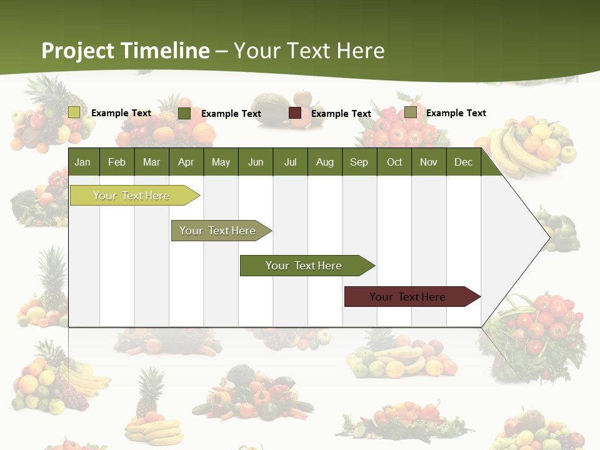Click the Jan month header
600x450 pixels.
click(82, 162)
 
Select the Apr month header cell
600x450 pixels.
click(186, 162)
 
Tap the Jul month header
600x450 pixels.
click(290, 162)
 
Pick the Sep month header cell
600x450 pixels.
click(359, 162)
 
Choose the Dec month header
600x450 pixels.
click(463, 162)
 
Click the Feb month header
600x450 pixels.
click(117, 162)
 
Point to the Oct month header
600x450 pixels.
click(394, 162)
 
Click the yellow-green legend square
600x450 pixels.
click(74, 112)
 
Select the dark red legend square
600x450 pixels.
click(295, 113)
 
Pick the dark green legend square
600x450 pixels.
click(184, 113)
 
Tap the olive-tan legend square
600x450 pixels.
click(411, 112)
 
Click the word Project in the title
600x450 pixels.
click(78, 51)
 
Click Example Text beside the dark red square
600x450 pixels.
click(341, 114)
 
